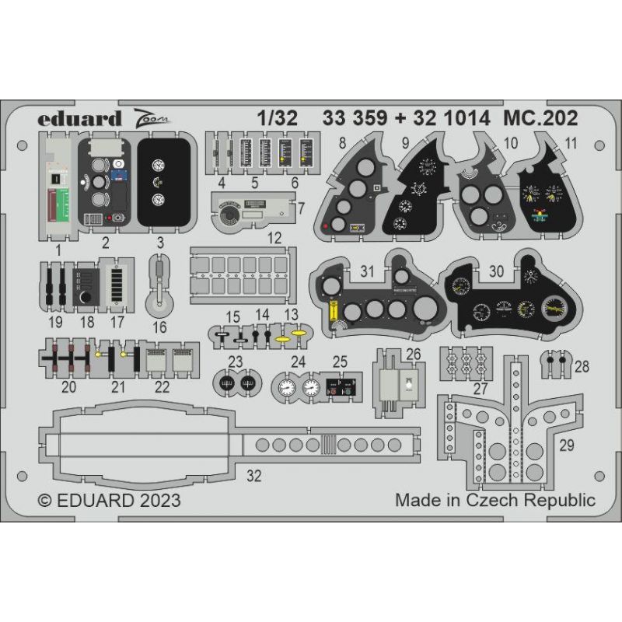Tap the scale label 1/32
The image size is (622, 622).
(278, 118)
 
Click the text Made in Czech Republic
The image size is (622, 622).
(494, 499)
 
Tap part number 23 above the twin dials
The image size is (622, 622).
(235, 360)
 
